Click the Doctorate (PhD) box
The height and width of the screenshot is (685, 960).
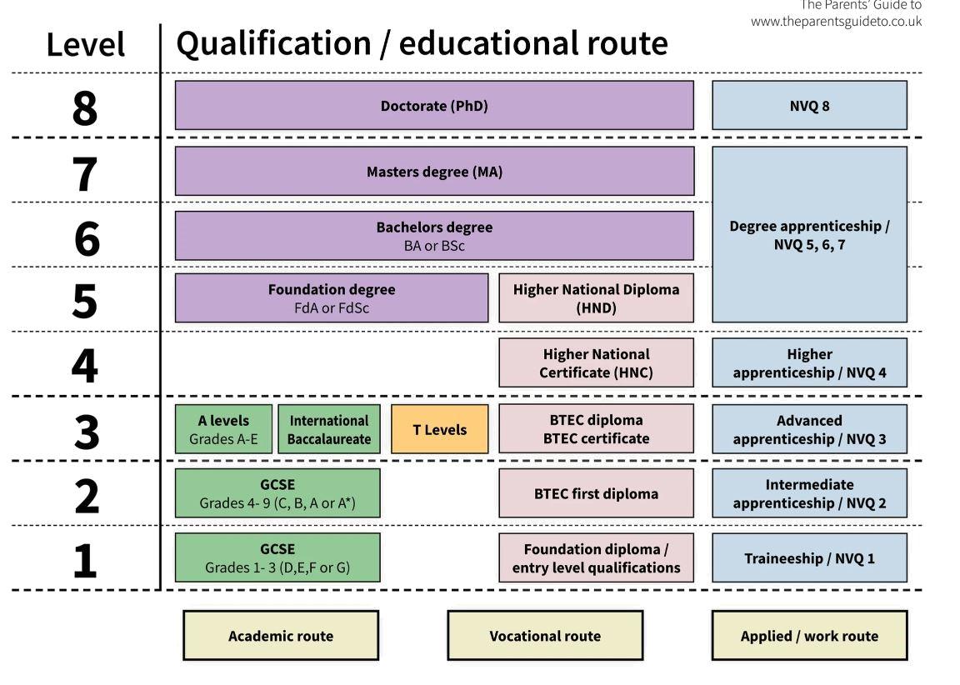point(433,106)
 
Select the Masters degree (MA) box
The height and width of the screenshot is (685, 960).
point(433,172)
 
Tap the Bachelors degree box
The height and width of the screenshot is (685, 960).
point(433,236)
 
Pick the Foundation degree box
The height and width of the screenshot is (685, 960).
point(331,298)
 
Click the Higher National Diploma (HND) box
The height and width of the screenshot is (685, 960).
point(596,298)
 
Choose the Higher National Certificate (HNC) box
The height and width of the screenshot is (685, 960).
point(596,363)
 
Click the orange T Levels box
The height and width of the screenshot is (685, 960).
point(439,430)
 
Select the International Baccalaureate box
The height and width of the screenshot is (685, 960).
point(328,430)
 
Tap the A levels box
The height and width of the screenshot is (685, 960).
point(223,430)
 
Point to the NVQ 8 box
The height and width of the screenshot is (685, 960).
point(809,106)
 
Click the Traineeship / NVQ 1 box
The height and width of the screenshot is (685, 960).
point(809,558)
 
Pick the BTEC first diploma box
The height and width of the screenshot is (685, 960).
point(596,493)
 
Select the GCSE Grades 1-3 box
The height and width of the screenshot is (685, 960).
point(277,558)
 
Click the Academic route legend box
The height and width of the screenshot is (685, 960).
point(280,636)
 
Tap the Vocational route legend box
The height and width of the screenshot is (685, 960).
point(545,636)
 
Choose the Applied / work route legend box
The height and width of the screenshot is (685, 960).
point(809,636)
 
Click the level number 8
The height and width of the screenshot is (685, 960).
point(84,107)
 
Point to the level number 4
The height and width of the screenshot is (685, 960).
point(84,365)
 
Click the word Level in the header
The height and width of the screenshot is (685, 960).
point(85,45)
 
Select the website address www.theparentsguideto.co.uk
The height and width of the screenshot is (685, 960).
point(836,22)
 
